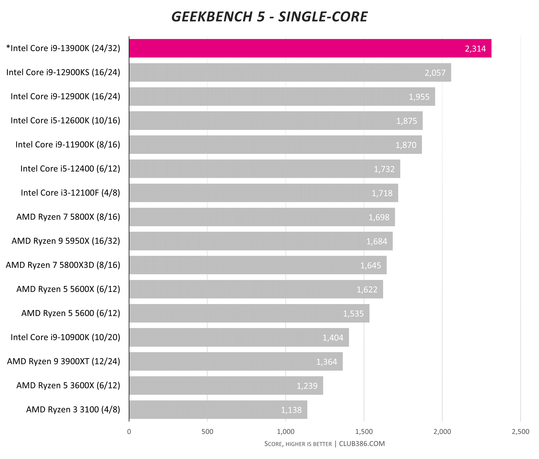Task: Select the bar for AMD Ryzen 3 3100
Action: point(218,410)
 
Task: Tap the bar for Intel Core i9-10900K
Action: point(239,337)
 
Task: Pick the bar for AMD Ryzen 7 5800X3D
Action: point(258,265)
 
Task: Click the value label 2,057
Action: point(435,73)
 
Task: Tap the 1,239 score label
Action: point(307,386)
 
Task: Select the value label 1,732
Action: point(384,169)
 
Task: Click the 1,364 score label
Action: point(327,362)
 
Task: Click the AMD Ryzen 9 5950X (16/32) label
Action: point(66,241)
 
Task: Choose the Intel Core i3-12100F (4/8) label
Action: point(70,193)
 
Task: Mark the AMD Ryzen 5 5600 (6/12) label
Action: point(71,313)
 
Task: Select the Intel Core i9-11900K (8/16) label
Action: point(68,145)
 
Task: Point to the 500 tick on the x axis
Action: point(207,432)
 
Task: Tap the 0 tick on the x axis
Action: point(129,432)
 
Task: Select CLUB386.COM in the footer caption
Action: point(362,444)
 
